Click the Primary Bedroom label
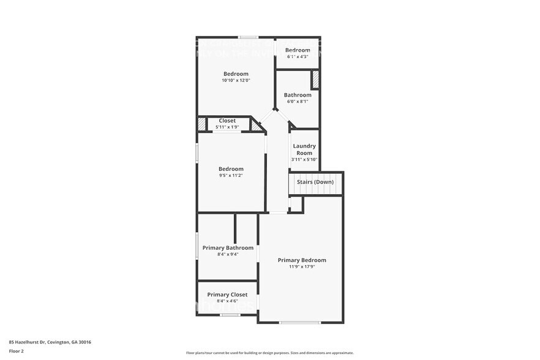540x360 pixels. [x=302, y=260]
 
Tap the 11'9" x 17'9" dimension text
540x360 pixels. [x=302, y=267]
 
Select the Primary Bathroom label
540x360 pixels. [x=227, y=248]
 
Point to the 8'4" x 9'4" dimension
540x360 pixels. [x=227, y=254]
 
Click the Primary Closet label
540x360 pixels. [x=227, y=294]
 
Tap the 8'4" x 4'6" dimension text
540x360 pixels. [x=227, y=301]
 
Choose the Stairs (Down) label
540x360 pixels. [x=315, y=182]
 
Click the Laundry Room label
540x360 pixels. [x=304, y=149]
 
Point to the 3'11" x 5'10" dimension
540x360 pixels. [x=304, y=159]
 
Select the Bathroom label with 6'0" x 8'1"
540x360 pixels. [x=298, y=95]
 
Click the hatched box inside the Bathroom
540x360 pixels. [x=315, y=80]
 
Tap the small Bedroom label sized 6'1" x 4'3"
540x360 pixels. [x=298, y=50]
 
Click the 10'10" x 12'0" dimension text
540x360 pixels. [x=236, y=80]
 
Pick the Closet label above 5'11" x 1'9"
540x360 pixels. [x=227, y=121]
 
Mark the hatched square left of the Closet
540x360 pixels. [x=201, y=124]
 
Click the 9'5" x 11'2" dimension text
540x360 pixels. [x=231, y=176]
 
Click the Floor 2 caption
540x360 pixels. [x=17, y=351]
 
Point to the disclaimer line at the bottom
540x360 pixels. [x=269, y=353]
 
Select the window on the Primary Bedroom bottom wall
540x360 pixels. [x=299, y=322]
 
